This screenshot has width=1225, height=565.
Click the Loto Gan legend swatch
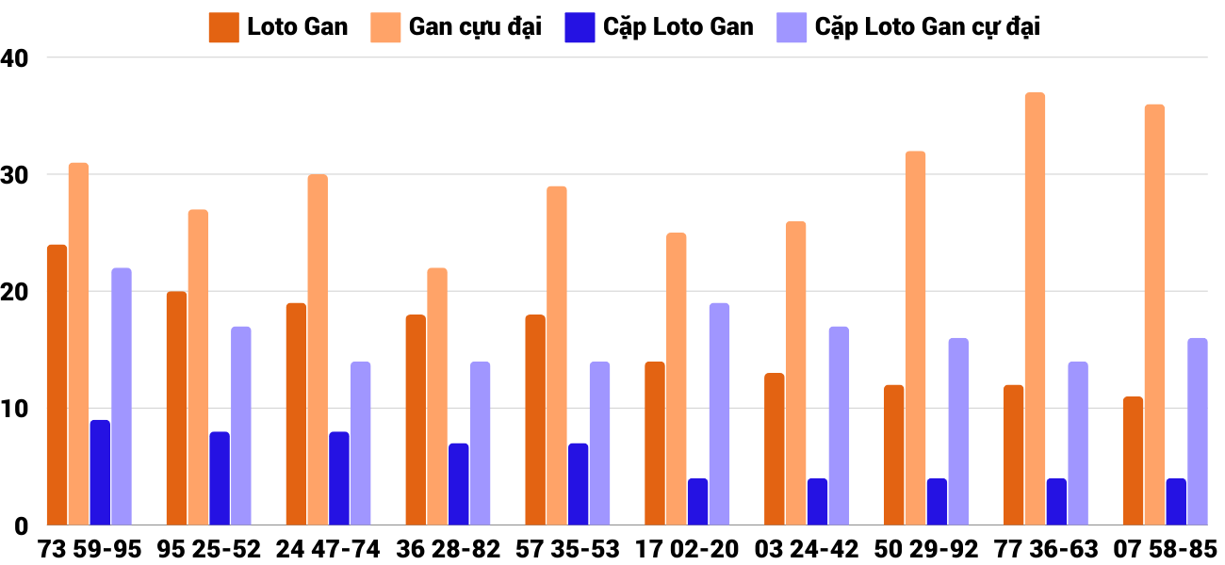[224, 27]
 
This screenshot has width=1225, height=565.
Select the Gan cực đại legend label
[475, 27]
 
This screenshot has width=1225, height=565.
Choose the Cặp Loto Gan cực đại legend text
[927, 27]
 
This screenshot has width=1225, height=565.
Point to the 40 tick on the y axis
[17, 57]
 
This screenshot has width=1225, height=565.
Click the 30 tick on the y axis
[17, 175]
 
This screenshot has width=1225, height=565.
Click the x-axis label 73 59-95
[90, 549]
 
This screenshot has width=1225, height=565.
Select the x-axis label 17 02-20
[687, 549]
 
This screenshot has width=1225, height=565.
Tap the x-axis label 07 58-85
[1165, 549]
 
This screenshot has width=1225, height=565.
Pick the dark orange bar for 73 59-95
[57, 385]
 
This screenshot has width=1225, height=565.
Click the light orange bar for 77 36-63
[1035, 309]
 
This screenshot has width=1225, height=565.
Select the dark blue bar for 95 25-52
[220, 478]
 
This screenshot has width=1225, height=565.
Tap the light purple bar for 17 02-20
[719, 414]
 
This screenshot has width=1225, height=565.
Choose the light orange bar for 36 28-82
[437, 396]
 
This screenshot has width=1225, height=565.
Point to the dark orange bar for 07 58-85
[1133, 461]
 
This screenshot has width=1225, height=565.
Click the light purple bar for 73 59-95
[122, 396]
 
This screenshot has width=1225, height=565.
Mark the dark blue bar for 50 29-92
[937, 502]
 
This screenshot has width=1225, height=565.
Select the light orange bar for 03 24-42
[795, 373]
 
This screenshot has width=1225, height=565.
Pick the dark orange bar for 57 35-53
[535, 420]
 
